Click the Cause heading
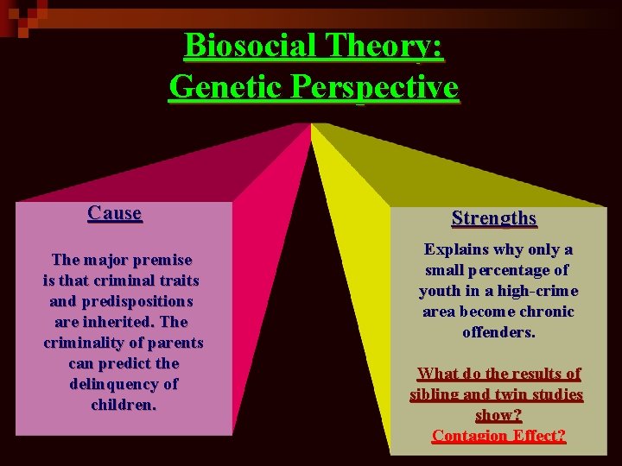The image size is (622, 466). [x=115, y=213]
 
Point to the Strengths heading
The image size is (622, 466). [x=494, y=218]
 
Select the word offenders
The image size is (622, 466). [x=499, y=332]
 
